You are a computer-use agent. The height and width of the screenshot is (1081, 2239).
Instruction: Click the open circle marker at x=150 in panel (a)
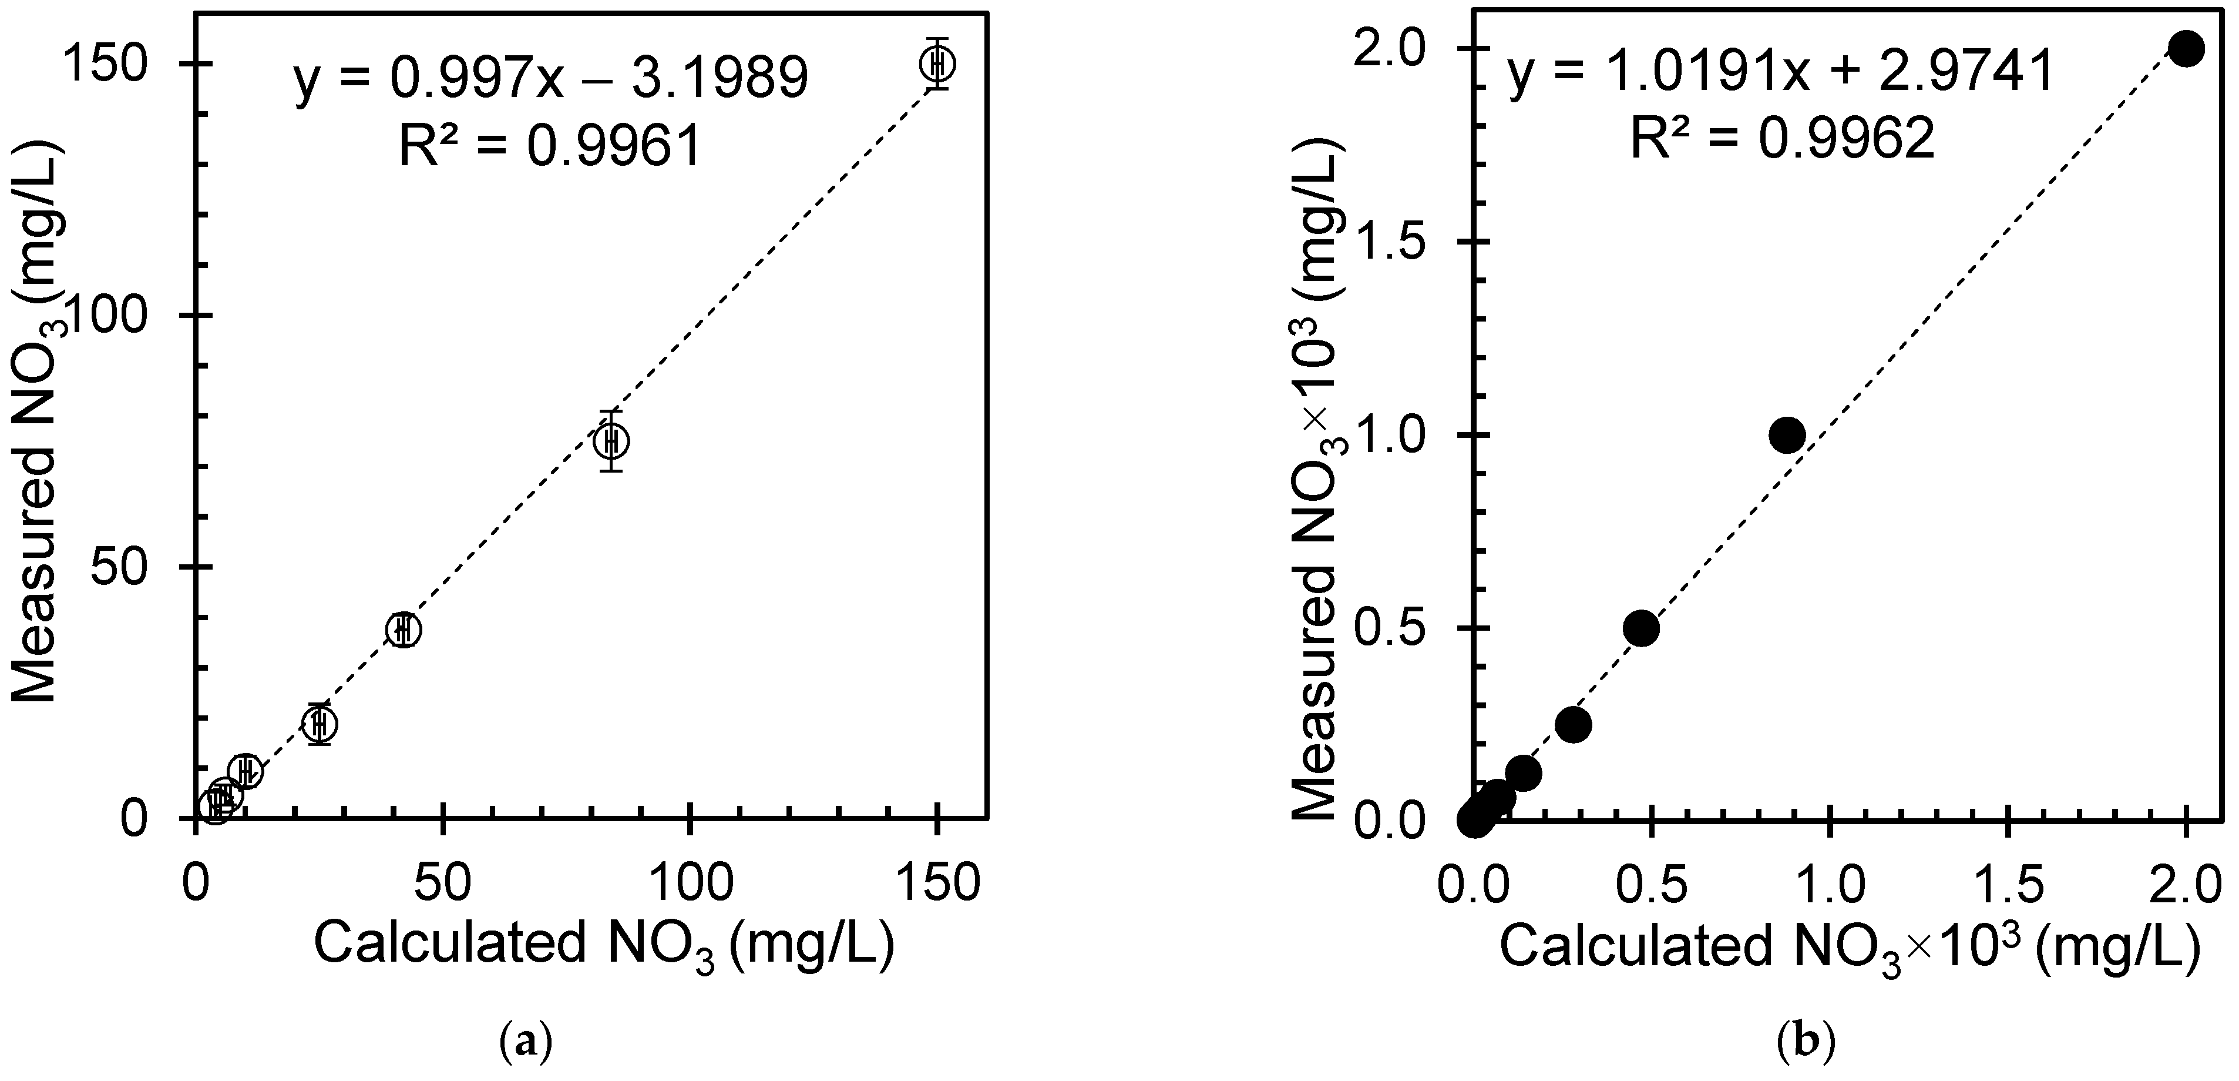[937, 63]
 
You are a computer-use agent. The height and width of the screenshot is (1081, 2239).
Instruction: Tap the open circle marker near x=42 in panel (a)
[402, 629]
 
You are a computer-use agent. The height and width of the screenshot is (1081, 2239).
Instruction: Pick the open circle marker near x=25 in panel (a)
[320, 722]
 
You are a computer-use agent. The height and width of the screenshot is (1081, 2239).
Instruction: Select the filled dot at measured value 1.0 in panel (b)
[1787, 435]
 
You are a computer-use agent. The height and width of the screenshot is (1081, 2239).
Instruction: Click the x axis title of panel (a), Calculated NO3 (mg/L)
[603, 945]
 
